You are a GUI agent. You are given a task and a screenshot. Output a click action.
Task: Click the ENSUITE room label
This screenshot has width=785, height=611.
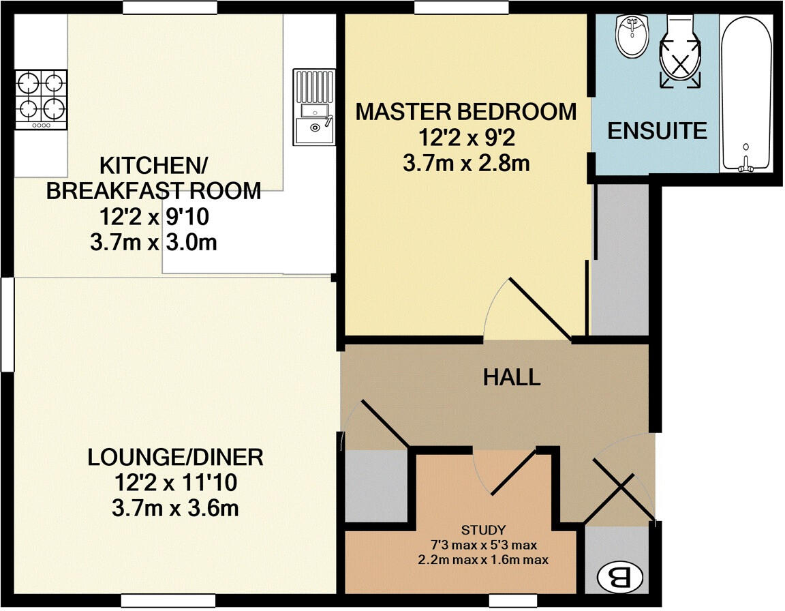[657, 130]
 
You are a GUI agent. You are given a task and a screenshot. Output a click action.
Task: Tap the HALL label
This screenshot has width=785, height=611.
[512, 376]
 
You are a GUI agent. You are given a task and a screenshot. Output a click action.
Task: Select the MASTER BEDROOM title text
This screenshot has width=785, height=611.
[466, 111]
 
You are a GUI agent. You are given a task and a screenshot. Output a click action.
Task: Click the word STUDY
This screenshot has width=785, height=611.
[483, 529]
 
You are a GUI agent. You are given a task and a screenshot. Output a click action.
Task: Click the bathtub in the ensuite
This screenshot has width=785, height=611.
[746, 95]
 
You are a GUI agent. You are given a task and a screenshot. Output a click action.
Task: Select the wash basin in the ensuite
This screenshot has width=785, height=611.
[633, 36]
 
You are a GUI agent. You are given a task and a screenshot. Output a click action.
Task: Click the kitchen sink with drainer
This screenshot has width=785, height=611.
[314, 107]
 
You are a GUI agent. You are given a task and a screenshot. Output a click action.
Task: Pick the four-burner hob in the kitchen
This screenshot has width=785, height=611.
[42, 100]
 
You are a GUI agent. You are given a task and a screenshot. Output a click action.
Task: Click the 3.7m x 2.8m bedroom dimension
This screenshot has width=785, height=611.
[466, 164]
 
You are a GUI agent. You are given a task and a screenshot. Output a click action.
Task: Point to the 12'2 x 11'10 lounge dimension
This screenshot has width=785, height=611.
[163, 483]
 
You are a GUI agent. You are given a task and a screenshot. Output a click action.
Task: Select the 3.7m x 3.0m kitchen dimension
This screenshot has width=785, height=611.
[153, 243]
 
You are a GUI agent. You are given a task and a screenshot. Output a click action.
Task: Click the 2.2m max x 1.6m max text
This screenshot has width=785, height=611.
[483, 560]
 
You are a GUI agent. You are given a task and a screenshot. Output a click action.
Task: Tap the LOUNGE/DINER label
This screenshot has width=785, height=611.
[175, 457]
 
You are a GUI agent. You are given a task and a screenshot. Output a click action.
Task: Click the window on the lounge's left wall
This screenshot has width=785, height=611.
[7, 324]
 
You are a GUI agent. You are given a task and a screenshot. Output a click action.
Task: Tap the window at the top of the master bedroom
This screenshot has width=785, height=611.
[461, 7]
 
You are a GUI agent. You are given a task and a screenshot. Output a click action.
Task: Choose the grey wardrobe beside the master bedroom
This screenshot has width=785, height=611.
[619, 259]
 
